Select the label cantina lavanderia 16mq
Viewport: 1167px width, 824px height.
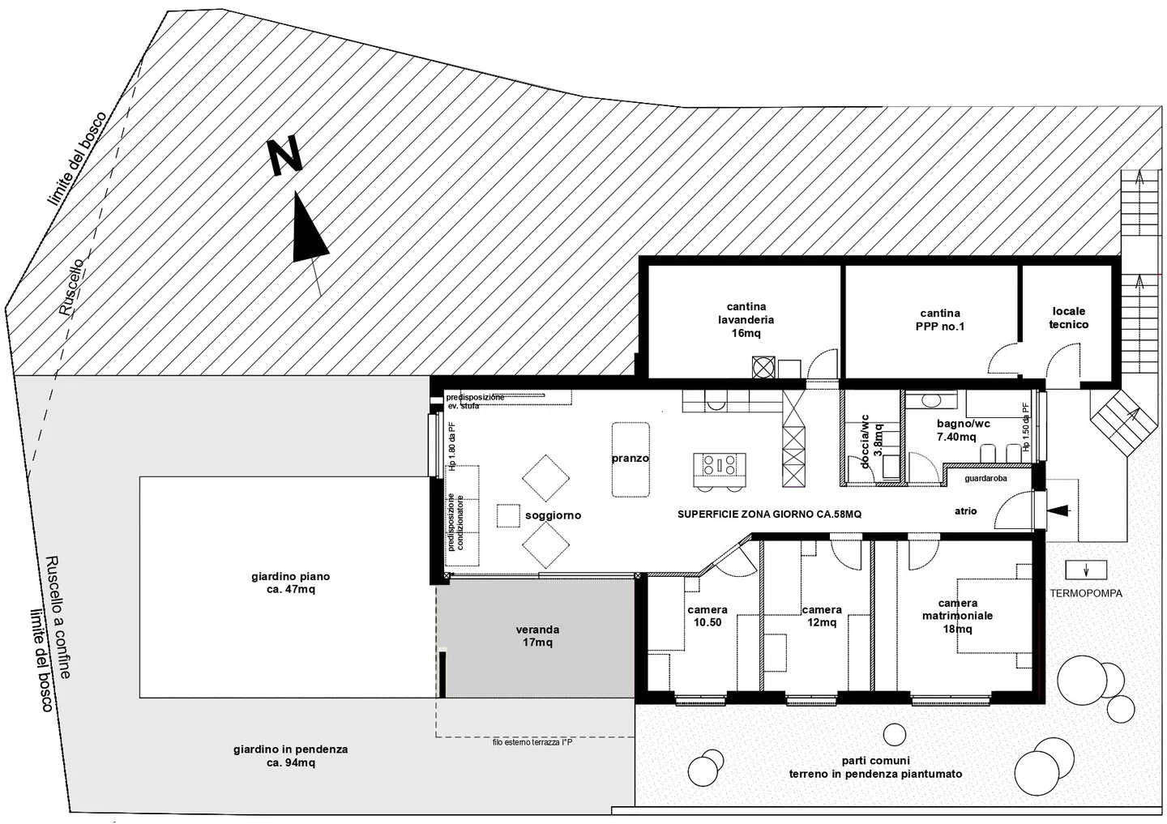746,320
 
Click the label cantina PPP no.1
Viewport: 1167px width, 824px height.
940,320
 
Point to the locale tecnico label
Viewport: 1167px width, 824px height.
1068,318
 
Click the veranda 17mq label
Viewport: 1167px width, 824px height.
537,636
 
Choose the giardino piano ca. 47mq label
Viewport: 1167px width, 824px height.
290,583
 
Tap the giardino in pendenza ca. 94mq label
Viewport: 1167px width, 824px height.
290,756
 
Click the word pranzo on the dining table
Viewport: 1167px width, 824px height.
630,459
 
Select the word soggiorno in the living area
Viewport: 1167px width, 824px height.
553,515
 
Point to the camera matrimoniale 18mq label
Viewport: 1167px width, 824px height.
957,616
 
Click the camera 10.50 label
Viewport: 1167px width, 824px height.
707,616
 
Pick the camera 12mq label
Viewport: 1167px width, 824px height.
821,616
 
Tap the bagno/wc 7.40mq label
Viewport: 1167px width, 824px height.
963,430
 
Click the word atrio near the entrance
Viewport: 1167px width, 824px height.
965,511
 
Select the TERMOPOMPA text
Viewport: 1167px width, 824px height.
1086,593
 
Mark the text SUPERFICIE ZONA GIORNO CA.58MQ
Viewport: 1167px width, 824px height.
769,514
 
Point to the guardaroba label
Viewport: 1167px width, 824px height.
985,479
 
